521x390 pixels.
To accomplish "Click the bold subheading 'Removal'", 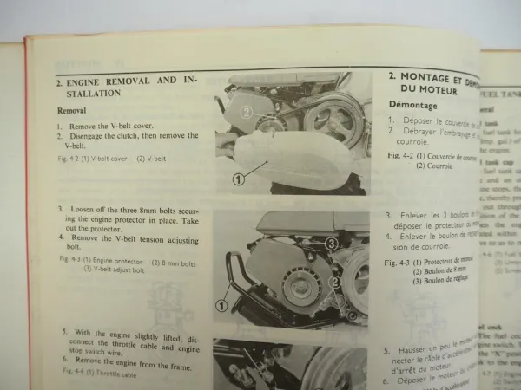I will point(71,111).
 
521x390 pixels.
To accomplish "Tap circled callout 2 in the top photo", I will point(247,112).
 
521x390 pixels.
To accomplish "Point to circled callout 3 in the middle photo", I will point(331,244).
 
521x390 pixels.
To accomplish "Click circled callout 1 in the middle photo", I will point(221,305).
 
